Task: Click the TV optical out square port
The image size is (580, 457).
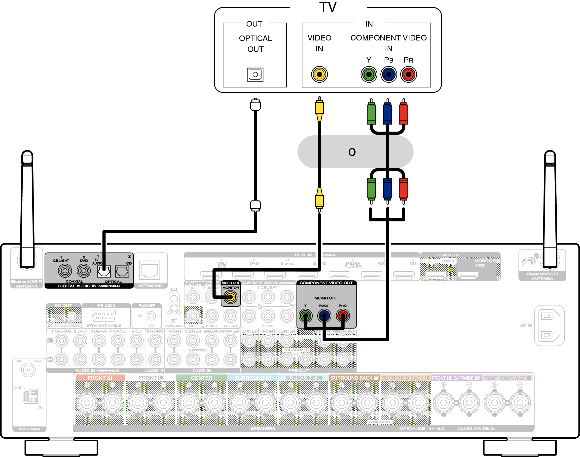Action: tap(255, 74)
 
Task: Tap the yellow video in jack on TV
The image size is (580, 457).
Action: tap(319, 74)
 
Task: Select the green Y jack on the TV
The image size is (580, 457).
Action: tap(369, 74)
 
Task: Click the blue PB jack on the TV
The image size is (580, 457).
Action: tap(389, 74)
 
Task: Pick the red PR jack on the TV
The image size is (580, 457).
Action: tap(408, 74)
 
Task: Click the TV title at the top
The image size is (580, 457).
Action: tap(328, 7)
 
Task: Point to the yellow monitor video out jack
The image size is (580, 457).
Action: tap(230, 297)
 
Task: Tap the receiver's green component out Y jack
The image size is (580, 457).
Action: tap(305, 316)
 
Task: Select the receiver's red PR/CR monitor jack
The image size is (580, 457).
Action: tap(343, 316)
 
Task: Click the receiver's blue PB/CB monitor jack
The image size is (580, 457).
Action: tap(324, 316)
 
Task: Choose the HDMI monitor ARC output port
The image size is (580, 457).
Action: tap(468, 275)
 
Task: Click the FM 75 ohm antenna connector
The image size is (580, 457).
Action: tap(28, 370)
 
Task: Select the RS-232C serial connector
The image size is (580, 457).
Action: tap(104, 316)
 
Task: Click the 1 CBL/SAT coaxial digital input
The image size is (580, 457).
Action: tap(65, 271)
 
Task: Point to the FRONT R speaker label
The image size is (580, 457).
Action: tap(100, 378)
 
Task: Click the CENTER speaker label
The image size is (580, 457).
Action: tap(201, 378)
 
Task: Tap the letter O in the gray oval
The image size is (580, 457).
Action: tap(352, 152)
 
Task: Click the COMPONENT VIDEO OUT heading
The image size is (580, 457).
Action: tap(326, 283)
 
